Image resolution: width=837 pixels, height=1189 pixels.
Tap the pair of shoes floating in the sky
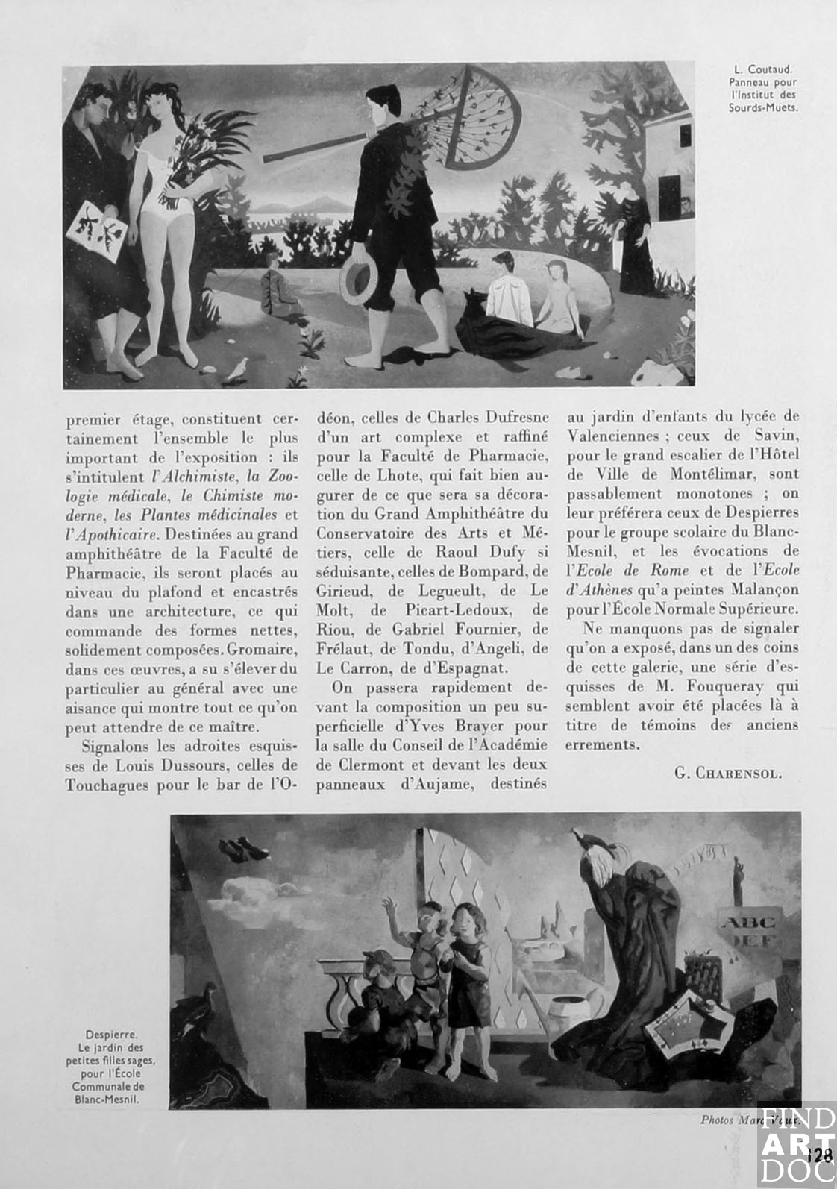(x=244, y=849)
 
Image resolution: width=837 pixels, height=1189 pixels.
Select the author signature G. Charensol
(x=728, y=773)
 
